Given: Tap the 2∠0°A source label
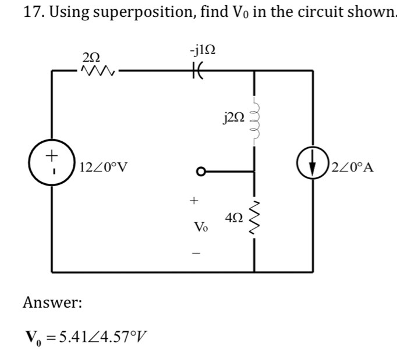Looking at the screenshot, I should (x=355, y=169).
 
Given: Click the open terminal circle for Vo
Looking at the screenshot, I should (x=200, y=172).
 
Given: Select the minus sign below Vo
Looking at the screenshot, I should (x=196, y=252).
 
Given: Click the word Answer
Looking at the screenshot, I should (x=52, y=302).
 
